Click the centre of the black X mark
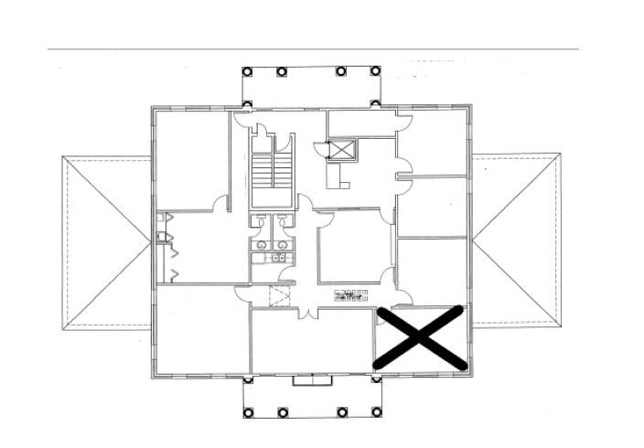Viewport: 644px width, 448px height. (421, 338)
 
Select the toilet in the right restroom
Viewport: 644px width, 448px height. (282, 223)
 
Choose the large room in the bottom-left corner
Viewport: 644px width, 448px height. (201, 329)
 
